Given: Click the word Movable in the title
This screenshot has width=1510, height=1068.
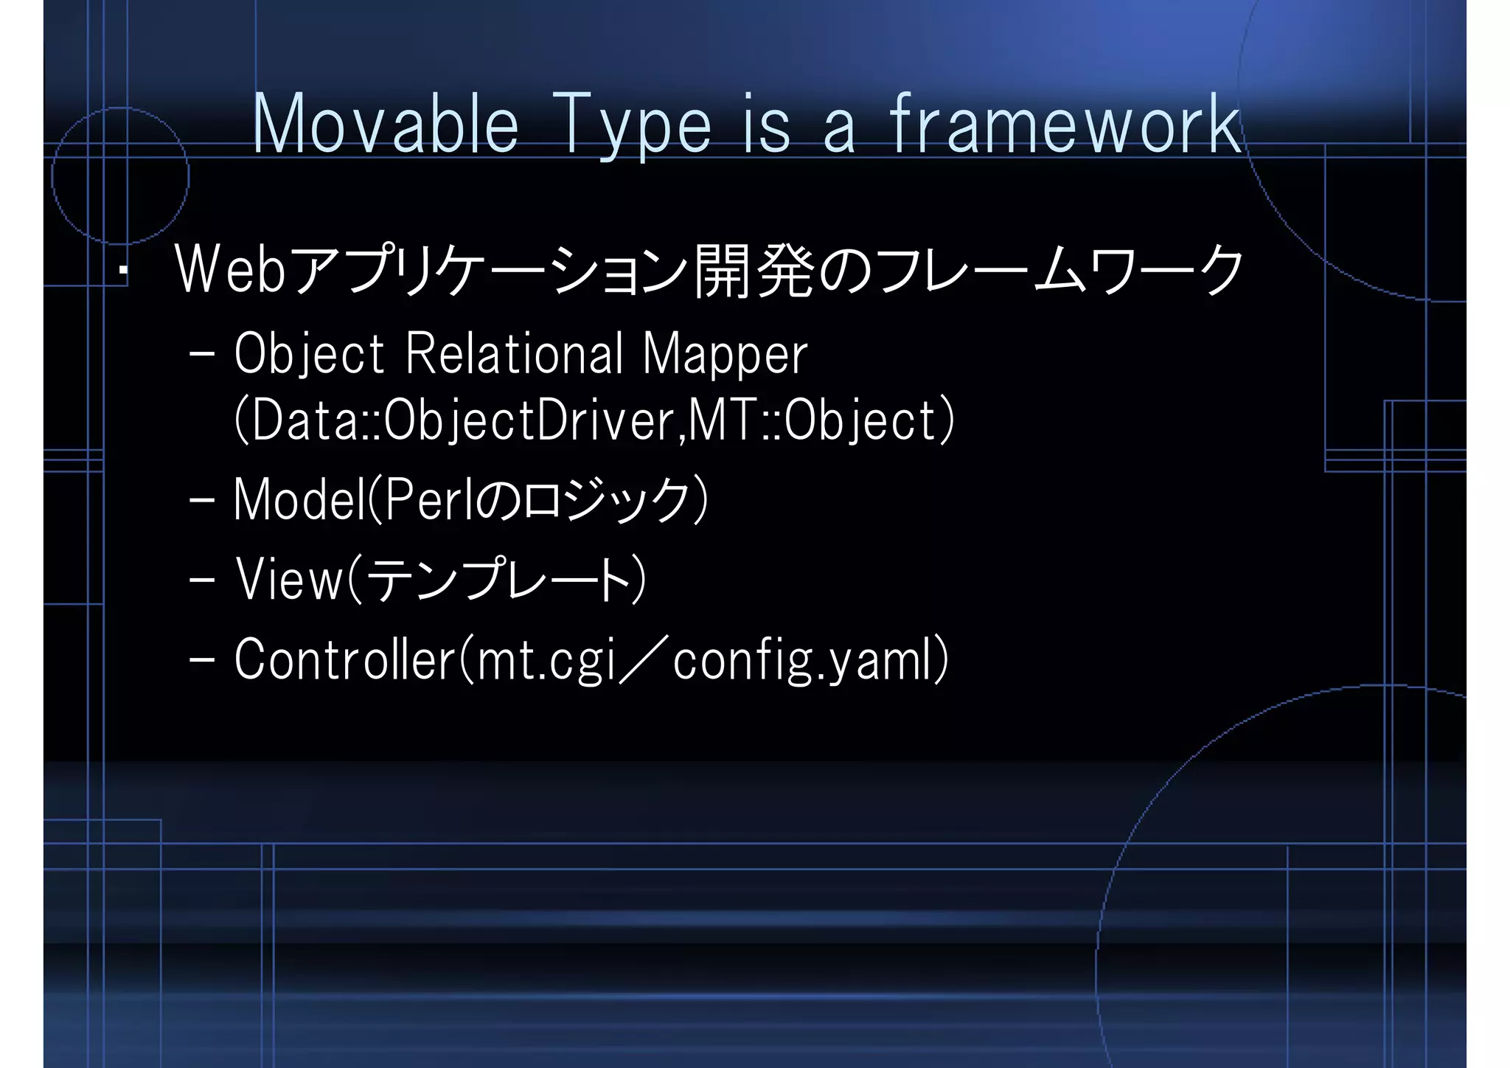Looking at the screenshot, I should click(386, 125).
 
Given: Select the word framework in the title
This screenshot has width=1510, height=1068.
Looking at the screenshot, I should click(1066, 125).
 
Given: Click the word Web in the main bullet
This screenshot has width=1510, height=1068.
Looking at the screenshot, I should click(231, 270).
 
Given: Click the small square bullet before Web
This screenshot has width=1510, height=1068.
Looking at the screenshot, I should click(124, 271).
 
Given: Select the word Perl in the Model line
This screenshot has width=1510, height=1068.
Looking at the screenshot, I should click(427, 500).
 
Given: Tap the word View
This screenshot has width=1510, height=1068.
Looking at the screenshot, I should click(290, 580).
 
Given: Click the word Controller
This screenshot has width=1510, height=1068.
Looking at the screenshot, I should click(345, 659).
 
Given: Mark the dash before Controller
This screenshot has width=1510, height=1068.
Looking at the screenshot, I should click(201, 659).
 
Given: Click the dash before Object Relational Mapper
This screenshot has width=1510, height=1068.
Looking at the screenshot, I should click(201, 354).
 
